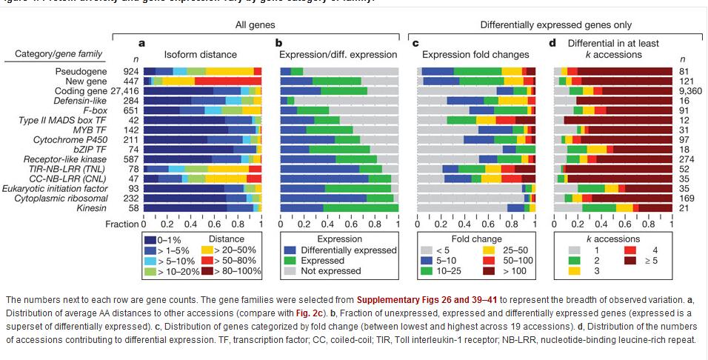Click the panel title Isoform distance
[200, 54]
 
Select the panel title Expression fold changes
[475, 54]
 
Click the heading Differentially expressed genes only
[550, 26]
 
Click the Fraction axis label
[121, 223]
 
